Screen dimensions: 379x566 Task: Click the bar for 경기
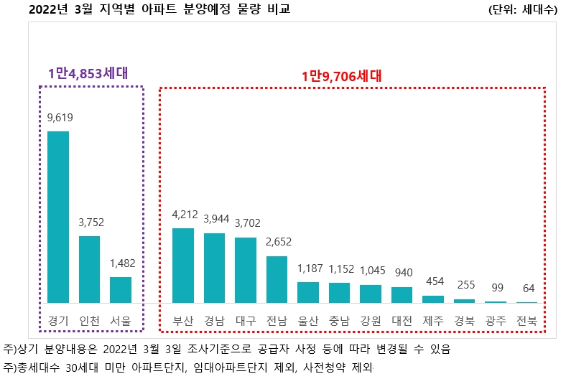click(x=58, y=217)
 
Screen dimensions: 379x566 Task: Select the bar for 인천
click(x=89, y=269)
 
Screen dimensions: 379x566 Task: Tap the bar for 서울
click(x=121, y=289)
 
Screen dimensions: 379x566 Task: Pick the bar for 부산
click(x=183, y=266)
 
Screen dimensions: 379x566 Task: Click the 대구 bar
click(x=246, y=270)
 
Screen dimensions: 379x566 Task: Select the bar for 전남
click(x=277, y=279)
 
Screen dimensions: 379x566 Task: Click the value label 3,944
click(x=214, y=218)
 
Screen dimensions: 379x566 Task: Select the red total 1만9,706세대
click(x=341, y=75)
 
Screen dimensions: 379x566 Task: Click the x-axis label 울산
click(x=308, y=321)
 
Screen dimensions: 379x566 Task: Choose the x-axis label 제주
click(x=433, y=321)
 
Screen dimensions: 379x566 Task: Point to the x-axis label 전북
click(x=526, y=321)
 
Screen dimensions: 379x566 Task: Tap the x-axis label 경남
click(x=214, y=321)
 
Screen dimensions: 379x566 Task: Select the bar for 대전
click(x=402, y=295)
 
